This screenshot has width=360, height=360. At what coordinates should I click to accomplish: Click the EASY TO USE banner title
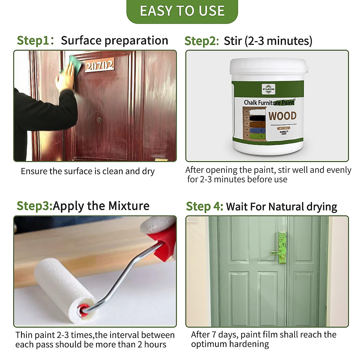click(182, 11)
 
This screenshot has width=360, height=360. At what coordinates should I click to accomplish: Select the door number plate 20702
click(99, 65)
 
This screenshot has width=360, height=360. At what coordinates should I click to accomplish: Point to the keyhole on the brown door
click(100, 120)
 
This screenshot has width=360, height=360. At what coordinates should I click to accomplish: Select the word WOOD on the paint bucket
click(282, 116)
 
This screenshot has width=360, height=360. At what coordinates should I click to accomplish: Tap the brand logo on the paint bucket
click(268, 89)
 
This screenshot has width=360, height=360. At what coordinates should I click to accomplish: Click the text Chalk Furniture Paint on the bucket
click(269, 103)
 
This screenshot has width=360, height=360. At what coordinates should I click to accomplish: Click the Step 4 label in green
click(204, 206)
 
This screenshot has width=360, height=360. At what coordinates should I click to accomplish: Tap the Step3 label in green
click(34, 206)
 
